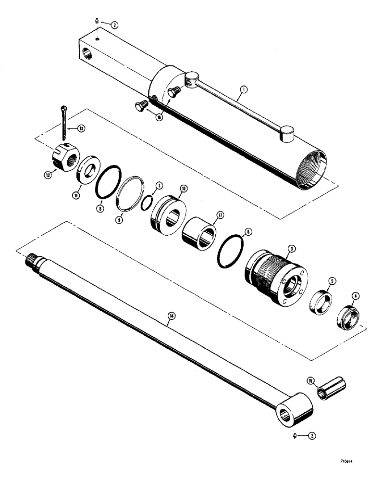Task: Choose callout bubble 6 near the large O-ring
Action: pyautogui.click(x=248, y=232)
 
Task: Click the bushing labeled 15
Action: pyautogui.click(x=333, y=386)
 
